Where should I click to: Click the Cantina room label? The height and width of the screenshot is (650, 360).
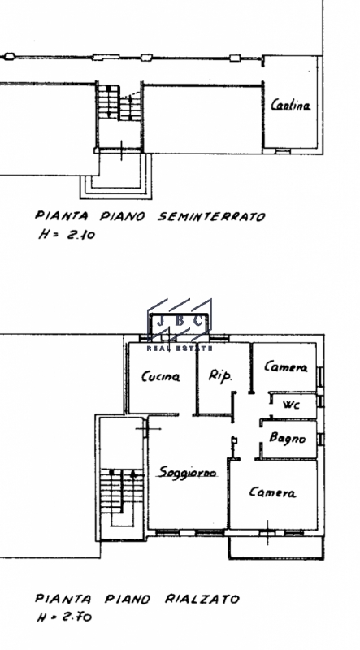click(291, 105)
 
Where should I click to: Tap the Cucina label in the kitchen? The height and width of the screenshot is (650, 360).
click(161, 376)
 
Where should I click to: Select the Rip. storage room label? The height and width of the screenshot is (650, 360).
click(219, 376)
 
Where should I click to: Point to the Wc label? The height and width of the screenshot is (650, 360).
click(291, 405)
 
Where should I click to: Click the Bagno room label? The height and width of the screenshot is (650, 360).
click(288, 438)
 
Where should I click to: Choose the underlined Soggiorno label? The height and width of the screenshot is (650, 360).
click(189, 473)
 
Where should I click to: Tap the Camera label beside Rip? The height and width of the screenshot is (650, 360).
click(286, 367)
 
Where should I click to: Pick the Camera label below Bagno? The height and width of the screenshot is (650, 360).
click(272, 492)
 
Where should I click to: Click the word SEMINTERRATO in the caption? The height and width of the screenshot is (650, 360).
click(211, 216)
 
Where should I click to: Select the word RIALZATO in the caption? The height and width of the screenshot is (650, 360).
click(202, 599)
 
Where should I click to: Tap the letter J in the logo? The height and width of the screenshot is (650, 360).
click(160, 321)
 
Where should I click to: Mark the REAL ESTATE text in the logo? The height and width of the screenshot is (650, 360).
click(180, 349)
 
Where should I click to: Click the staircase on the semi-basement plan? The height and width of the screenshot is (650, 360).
click(119, 102)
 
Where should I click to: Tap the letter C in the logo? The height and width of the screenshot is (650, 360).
click(198, 321)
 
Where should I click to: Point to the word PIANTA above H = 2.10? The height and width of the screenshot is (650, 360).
click(62, 216)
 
